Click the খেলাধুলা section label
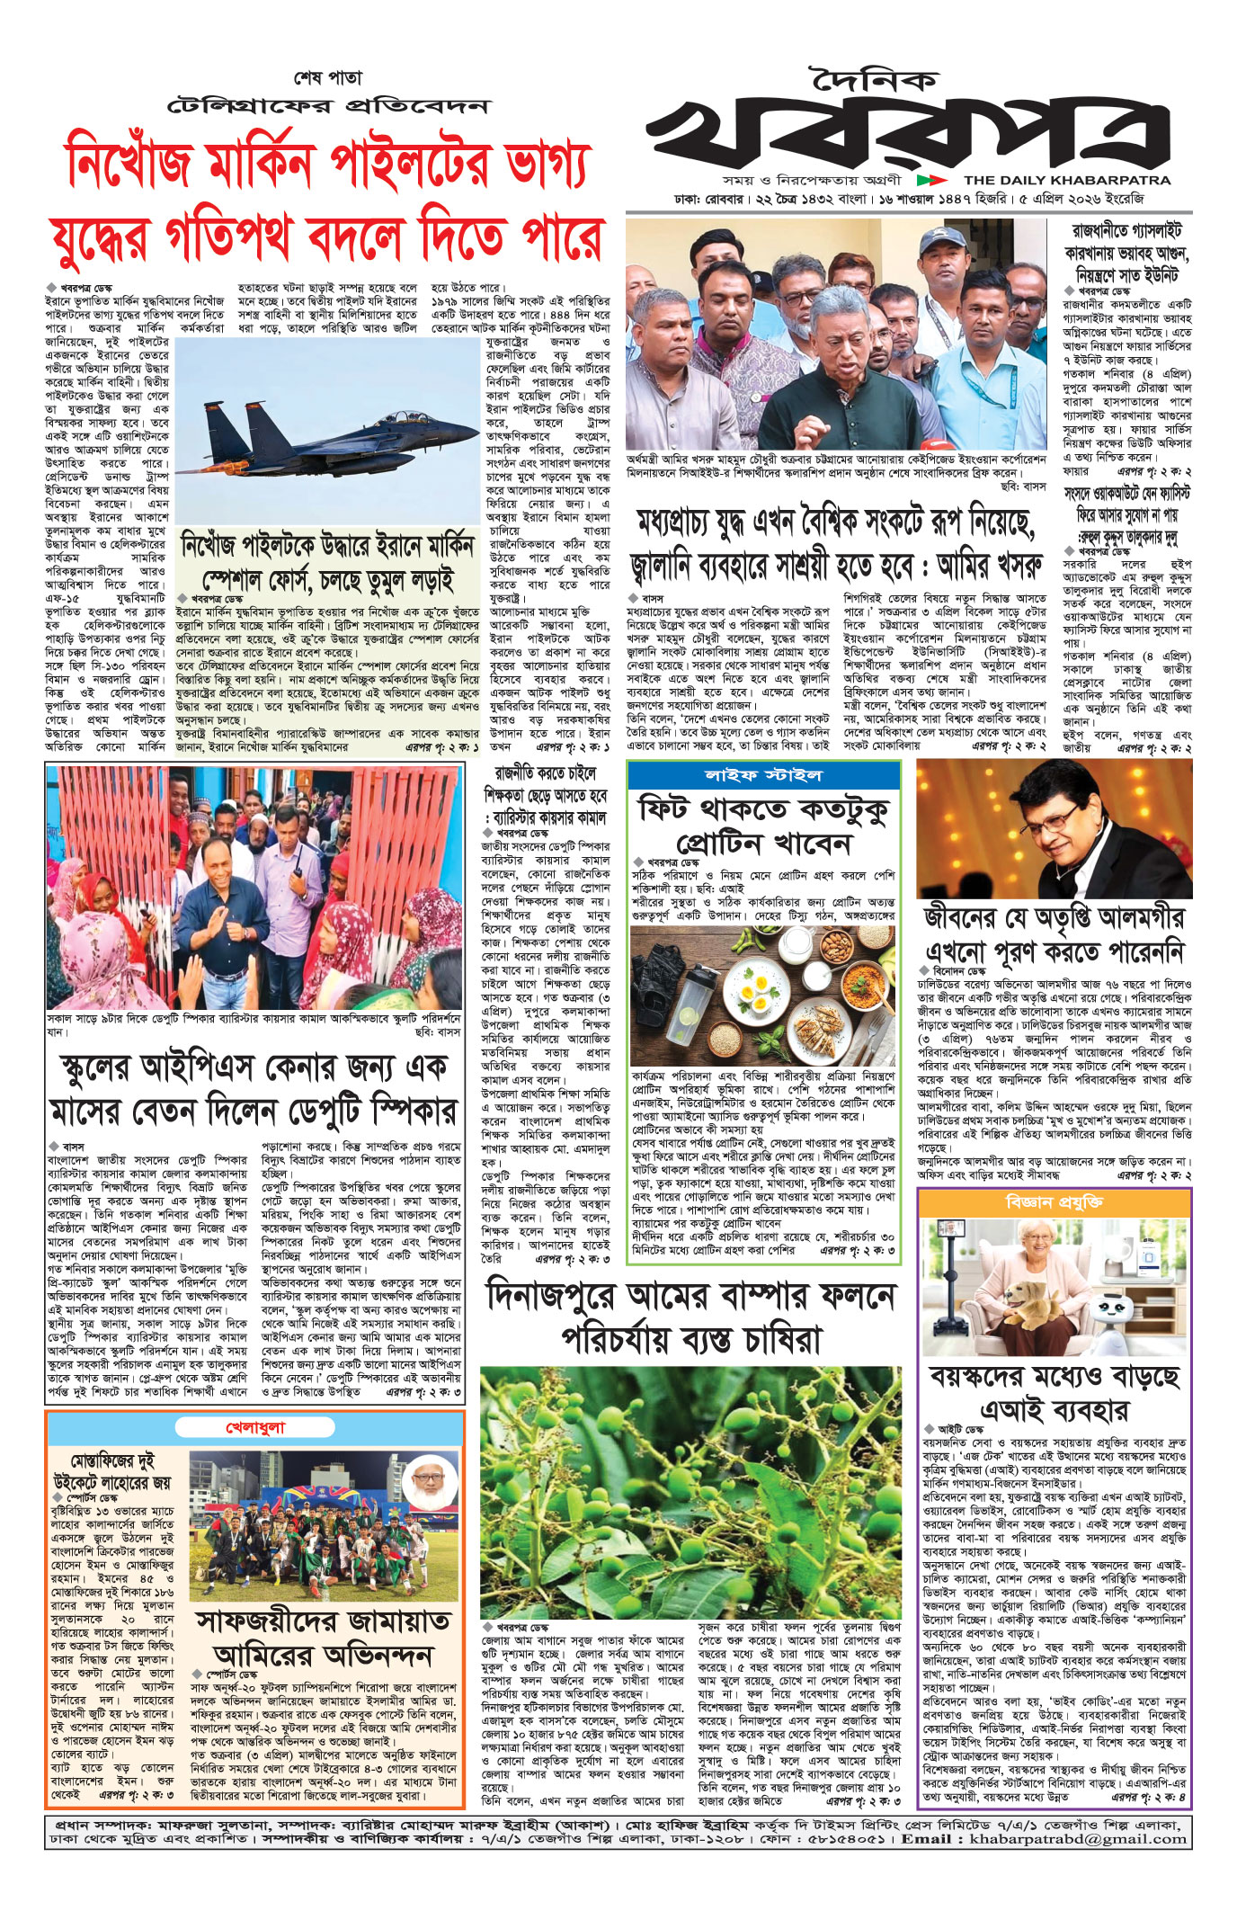(x=256, y=1427)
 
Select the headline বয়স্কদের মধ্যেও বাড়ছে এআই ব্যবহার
(x=1054, y=1392)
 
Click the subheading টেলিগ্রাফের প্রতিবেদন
(x=329, y=106)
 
